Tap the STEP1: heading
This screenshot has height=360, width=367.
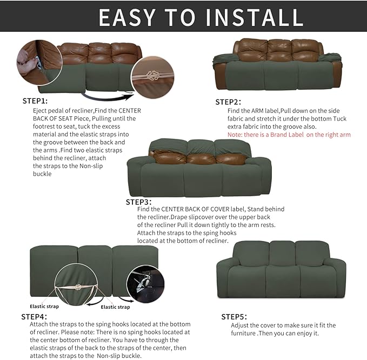click(x=35, y=101)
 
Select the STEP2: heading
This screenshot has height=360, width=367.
click(x=228, y=102)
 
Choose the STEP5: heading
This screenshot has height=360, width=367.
click(x=234, y=317)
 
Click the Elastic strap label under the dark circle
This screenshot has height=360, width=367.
click(x=116, y=307)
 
